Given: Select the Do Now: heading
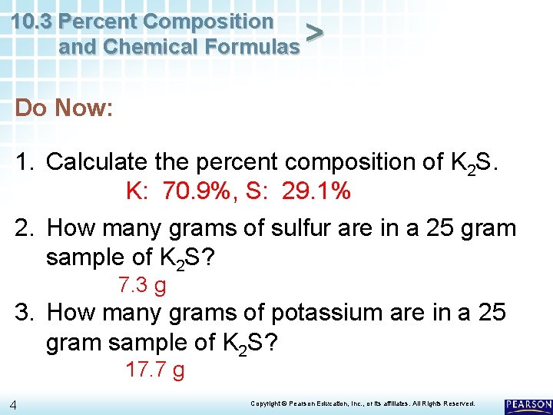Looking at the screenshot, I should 65,108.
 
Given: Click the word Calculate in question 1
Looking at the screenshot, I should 97,162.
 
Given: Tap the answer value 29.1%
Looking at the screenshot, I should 316,191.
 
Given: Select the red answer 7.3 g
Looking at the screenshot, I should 142,286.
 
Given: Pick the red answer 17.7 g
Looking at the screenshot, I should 154,370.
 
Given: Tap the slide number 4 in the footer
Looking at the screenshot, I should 14,405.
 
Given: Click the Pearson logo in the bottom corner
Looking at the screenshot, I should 528,405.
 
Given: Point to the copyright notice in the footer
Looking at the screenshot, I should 363,403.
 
